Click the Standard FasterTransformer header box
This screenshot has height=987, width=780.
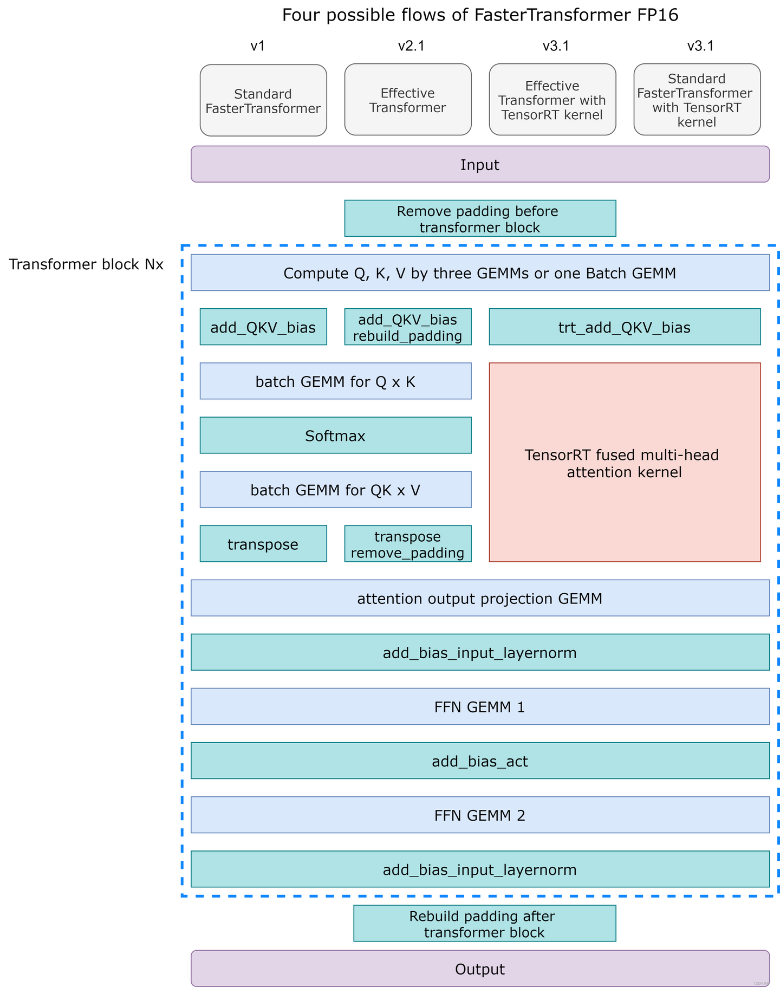tap(263, 101)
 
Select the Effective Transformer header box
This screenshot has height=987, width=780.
tap(408, 100)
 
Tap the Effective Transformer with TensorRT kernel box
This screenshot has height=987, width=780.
tap(552, 100)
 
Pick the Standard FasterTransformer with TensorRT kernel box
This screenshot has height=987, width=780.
tap(697, 100)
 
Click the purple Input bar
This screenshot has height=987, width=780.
tap(480, 165)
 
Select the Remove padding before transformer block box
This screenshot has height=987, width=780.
tap(480, 219)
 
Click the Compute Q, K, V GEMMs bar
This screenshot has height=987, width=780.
tap(480, 273)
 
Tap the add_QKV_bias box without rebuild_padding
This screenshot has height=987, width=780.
tap(263, 327)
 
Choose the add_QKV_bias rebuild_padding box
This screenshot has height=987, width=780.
tap(408, 327)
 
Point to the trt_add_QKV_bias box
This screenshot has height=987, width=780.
tap(625, 327)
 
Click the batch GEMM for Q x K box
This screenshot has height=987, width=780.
tap(335, 381)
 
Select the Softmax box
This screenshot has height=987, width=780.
tap(335, 436)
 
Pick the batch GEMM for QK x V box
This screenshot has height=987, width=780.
tap(335, 490)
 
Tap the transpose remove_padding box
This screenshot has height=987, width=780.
tap(408, 544)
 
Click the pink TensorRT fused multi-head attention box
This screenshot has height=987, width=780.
tap(625, 463)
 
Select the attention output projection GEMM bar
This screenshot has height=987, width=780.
tap(480, 598)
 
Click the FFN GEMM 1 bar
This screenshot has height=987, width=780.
tap(480, 706)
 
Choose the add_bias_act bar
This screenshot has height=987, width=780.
tap(480, 761)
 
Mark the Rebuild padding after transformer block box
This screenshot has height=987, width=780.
tap(484, 924)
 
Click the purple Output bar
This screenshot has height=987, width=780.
tap(480, 969)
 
